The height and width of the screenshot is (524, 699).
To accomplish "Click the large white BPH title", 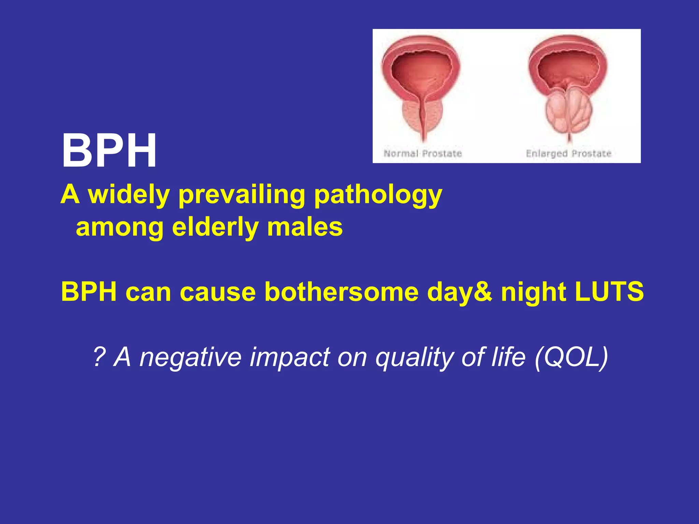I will pyautogui.click(x=109, y=151).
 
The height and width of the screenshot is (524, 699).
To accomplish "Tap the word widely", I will pyautogui.click(x=129, y=194).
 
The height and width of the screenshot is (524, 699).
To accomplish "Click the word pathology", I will pyautogui.click(x=378, y=194).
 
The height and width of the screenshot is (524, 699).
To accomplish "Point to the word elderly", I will pyautogui.click(x=215, y=227).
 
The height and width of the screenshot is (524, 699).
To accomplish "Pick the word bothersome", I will pyautogui.click(x=341, y=292).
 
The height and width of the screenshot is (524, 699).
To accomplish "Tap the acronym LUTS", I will pyautogui.click(x=609, y=292).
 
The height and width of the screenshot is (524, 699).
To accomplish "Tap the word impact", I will pyautogui.click(x=289, y=357).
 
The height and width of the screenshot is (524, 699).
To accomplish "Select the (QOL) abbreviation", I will pyautogui.click(x=571, y=357).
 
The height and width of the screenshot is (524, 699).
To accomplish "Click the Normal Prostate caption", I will pyautogui.click(x=423, y=154).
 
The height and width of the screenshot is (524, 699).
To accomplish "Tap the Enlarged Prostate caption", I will pyautogui.click(x=568, y=154).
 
